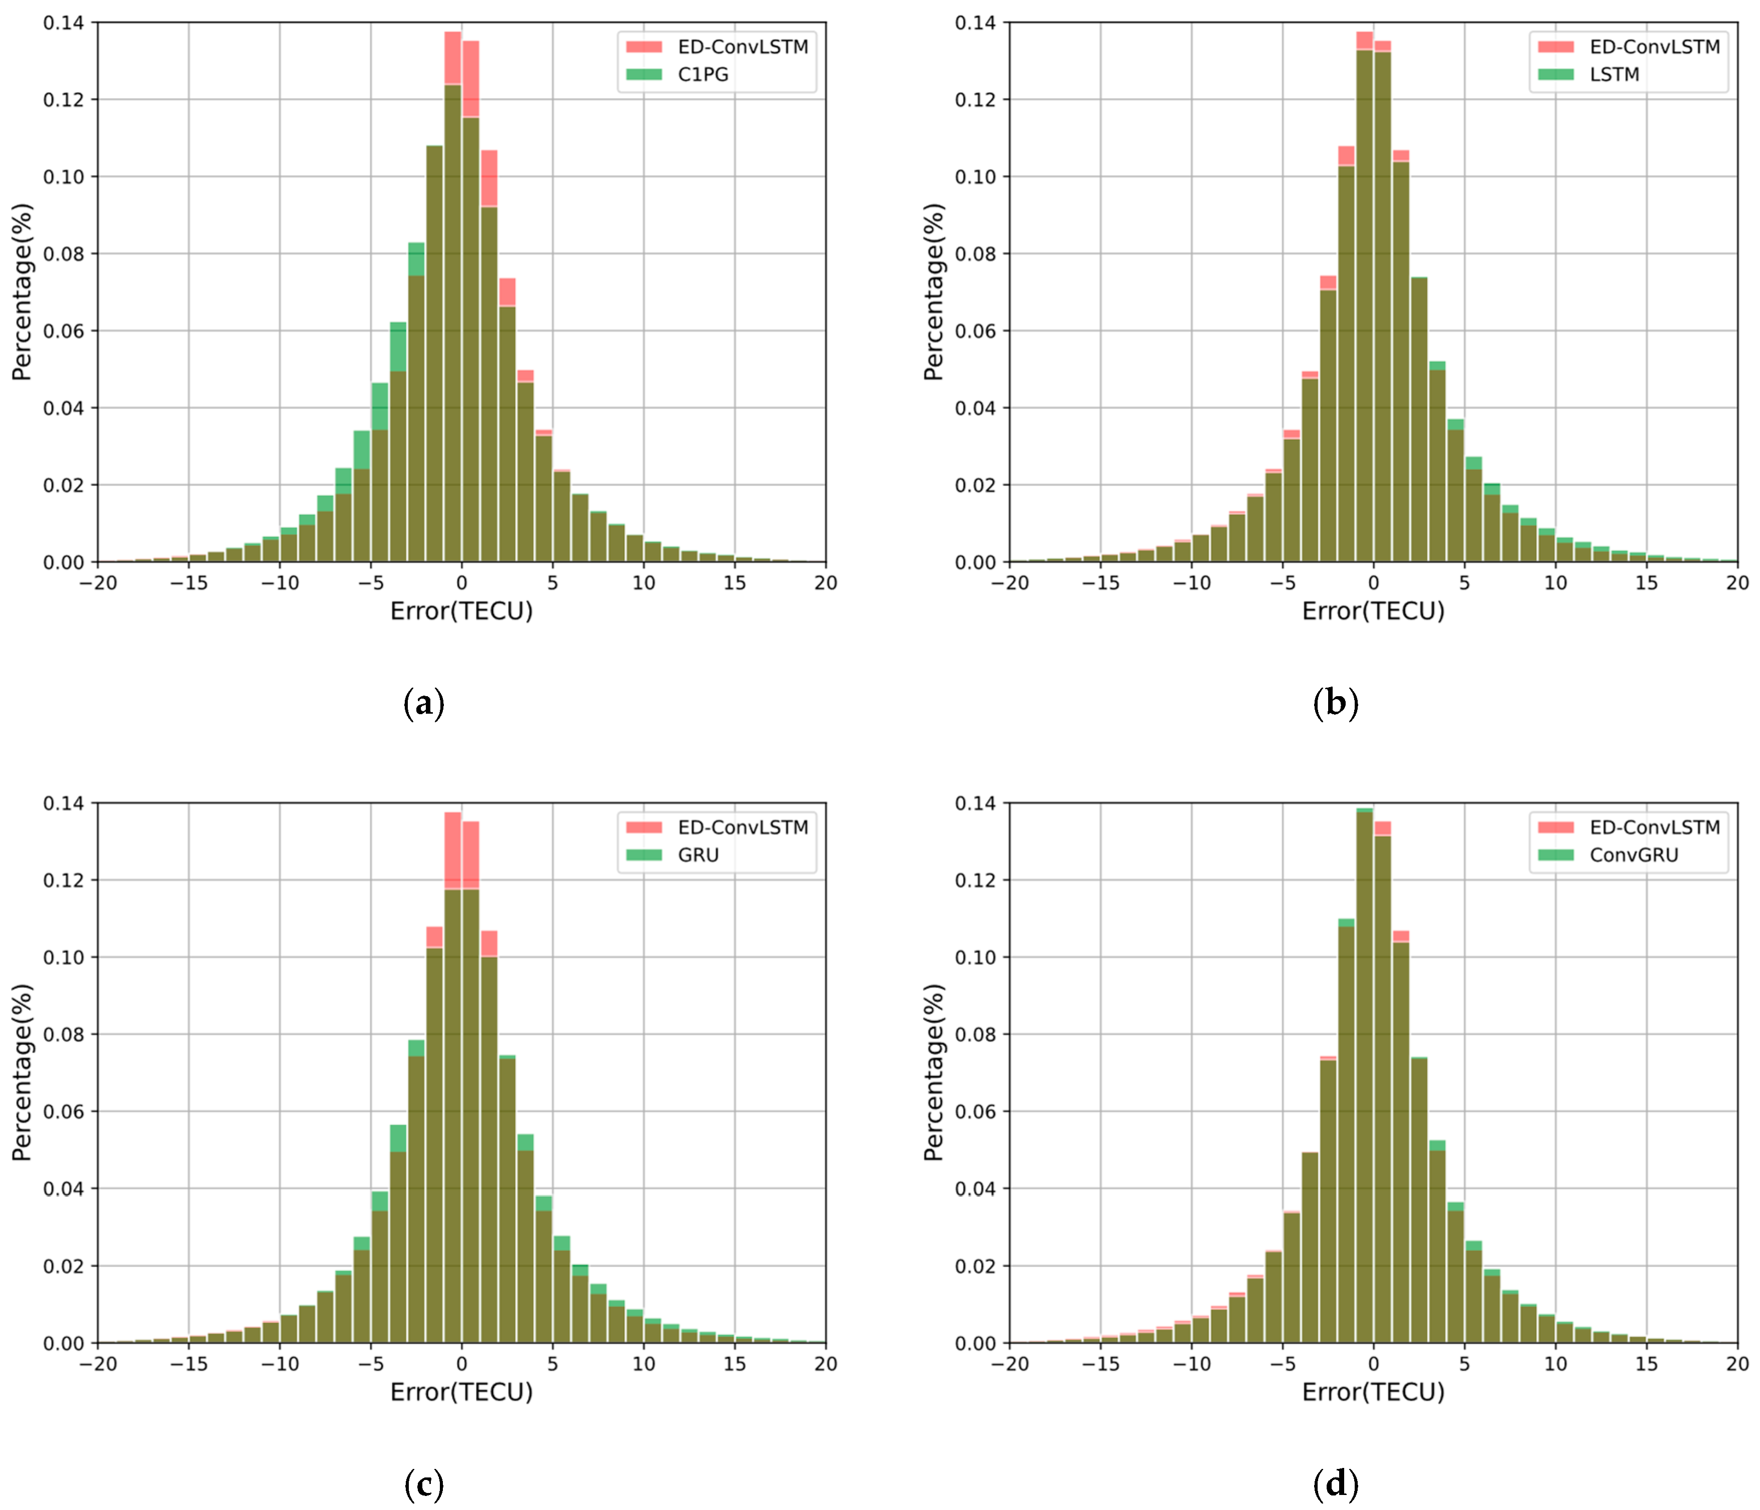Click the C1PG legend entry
[702, 75]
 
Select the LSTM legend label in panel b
[1613, 75]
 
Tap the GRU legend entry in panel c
[698, 855]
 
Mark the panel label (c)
[423, 1484]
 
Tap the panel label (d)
[1335, 1484]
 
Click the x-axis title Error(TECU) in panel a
[461, 612]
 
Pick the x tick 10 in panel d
[1555, 1364]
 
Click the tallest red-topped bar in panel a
[453, 68]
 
